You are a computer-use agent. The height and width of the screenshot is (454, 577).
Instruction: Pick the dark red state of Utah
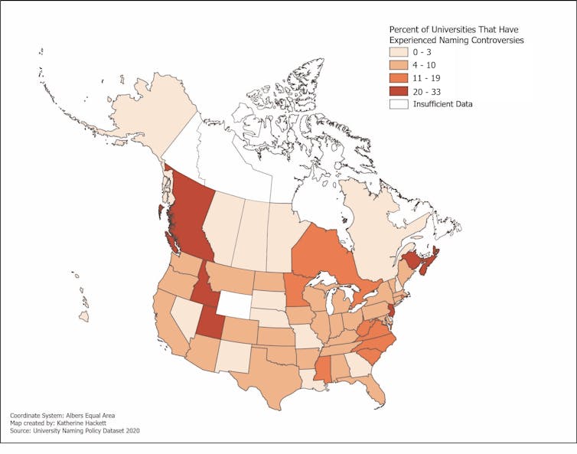210,322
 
